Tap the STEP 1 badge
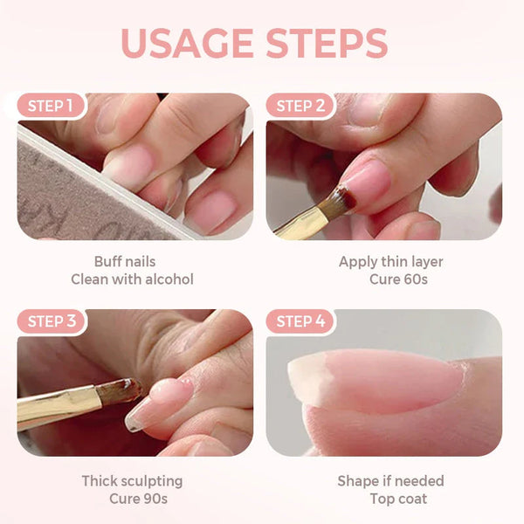[51, 107]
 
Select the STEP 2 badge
[300, 107]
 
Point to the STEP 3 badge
[51, 321]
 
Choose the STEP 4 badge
[300, 321]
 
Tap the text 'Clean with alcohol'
[131, 279]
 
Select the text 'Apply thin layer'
[390, 262]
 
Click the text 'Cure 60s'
[390, 279]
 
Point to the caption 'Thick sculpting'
[133, 481]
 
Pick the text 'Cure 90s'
[133, 499]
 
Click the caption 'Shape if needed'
[390, 481]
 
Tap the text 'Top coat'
[390, 499]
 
